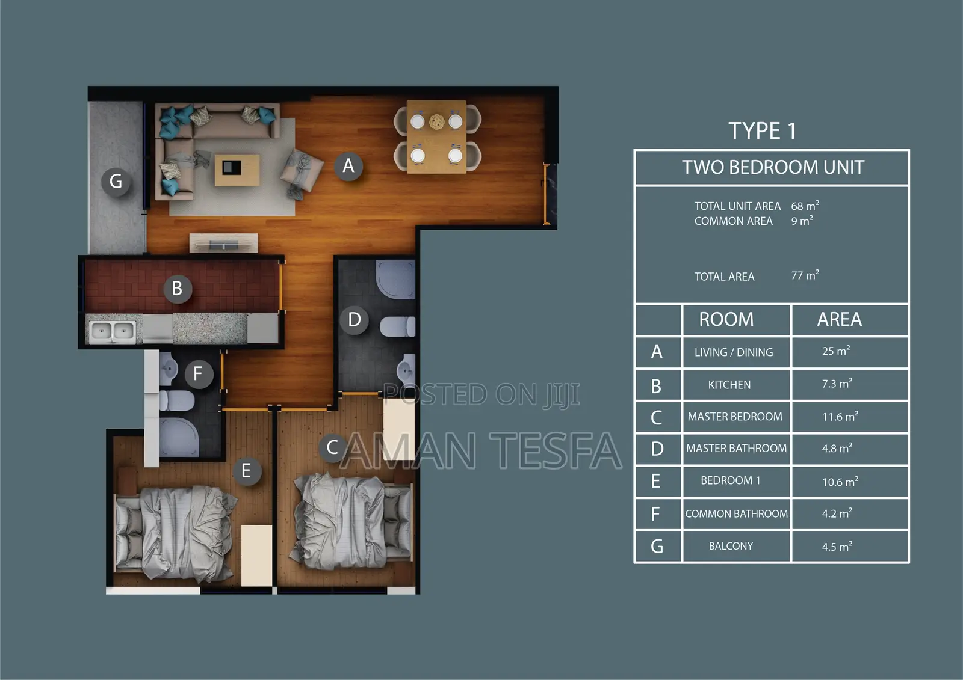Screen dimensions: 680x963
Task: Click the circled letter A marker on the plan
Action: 348,166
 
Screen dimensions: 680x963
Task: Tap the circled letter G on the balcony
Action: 116,181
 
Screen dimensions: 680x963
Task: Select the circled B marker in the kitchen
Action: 178,289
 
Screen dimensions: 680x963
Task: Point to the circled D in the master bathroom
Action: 355,319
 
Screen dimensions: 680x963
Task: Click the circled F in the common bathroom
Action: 198,374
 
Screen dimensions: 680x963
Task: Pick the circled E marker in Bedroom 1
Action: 246,471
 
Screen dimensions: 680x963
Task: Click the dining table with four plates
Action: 437,138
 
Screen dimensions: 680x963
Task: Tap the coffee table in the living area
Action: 237,170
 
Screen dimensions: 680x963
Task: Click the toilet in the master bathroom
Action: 398,327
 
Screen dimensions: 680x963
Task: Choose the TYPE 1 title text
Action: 762,131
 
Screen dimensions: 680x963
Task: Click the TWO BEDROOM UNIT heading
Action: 773,167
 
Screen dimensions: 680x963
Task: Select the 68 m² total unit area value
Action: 805,206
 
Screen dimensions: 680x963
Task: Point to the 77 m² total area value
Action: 805,275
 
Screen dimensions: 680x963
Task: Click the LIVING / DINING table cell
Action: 734,352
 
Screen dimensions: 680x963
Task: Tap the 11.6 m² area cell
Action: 840,417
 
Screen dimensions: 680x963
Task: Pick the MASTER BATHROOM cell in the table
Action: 736,449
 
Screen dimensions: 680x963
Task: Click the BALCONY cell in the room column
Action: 731,546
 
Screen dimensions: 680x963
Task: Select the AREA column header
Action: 839,319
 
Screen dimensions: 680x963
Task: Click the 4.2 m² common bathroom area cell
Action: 837,513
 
